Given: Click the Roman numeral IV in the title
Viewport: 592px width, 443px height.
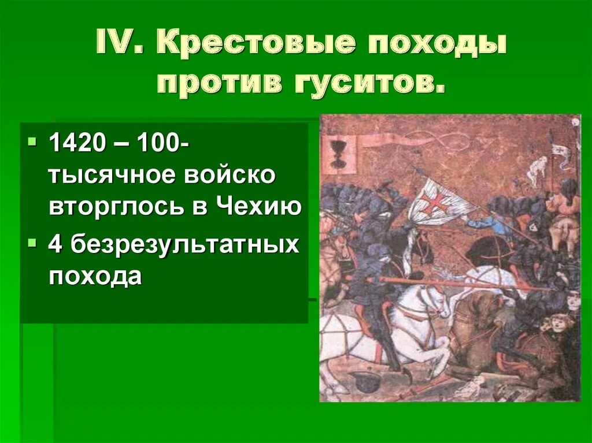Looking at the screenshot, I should pos(119,44).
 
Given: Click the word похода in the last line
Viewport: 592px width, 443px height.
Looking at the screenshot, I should pos(95,277).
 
